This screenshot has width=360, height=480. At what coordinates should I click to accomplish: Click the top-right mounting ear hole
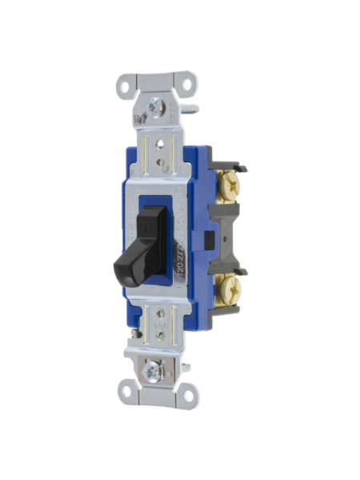189,82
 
